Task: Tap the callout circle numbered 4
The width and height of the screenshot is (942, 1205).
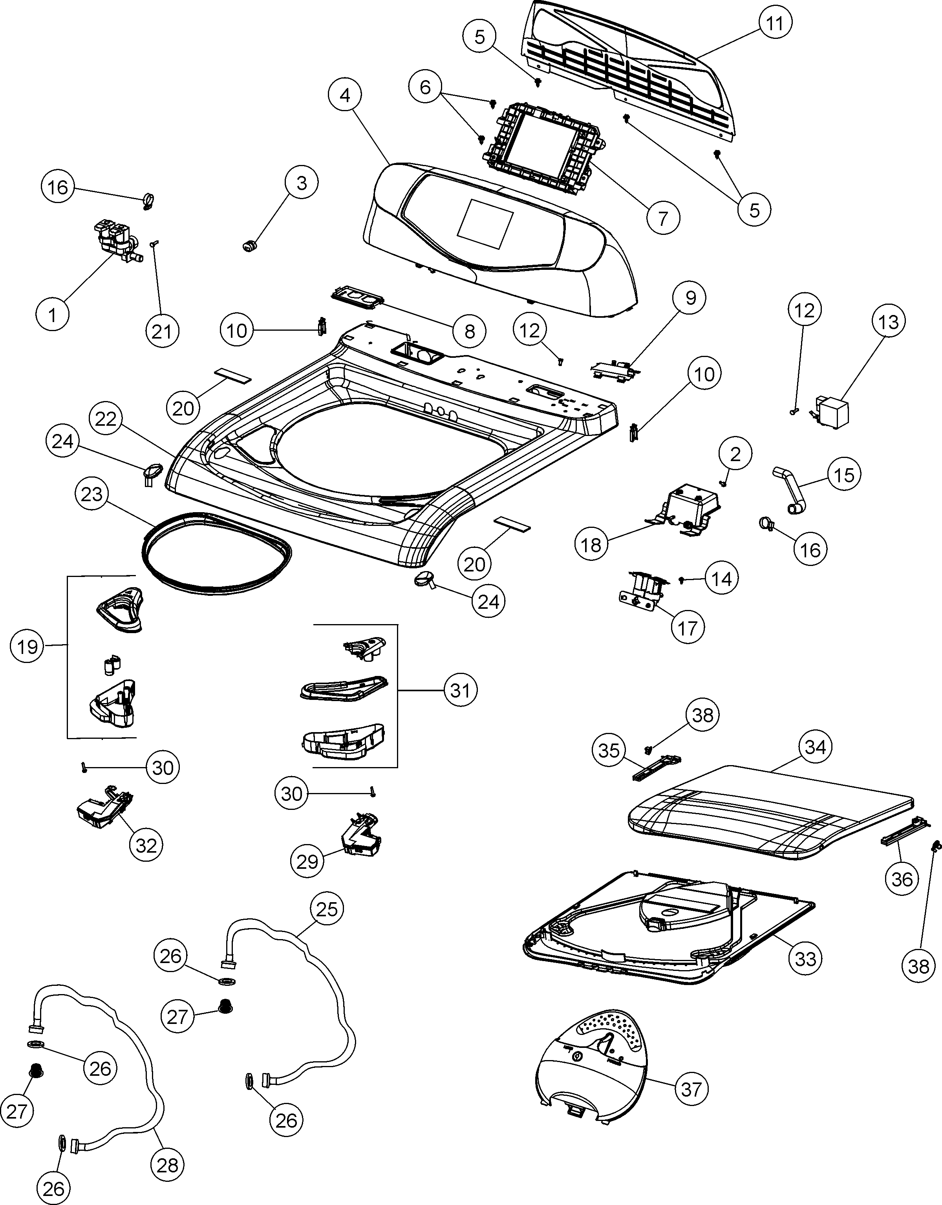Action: [x=345, y=95]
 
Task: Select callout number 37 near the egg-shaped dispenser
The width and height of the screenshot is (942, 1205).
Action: [x=691, y=1089]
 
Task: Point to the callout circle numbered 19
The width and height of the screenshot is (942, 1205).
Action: [x=27, y=646]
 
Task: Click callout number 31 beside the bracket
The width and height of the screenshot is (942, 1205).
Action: [x=460, y=690]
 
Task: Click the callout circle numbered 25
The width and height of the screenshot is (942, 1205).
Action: [x=327, y=908]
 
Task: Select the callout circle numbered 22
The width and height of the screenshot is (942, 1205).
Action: [x=106, y=419]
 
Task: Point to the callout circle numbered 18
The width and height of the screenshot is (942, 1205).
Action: [x=591, y=544]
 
